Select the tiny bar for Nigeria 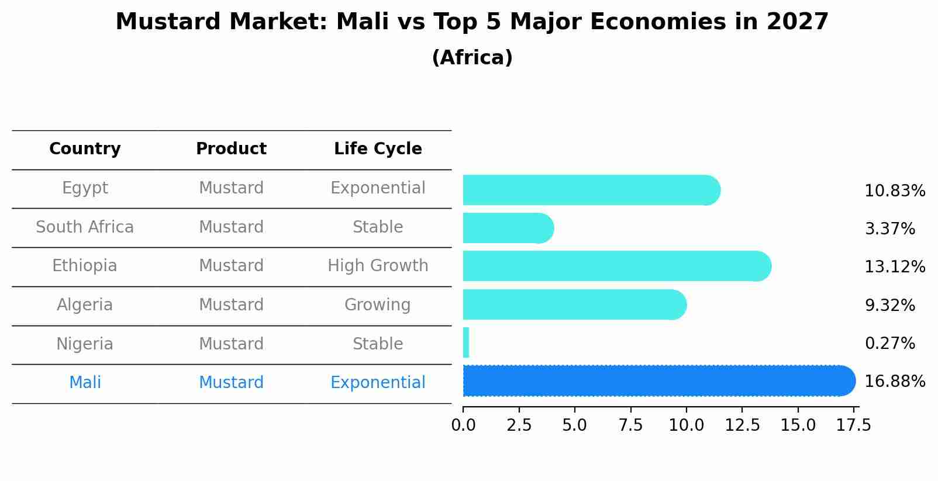(466, 342)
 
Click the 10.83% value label (894, 191)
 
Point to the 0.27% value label (889, 343)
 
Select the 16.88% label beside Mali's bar (894, 382)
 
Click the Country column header (85, 149)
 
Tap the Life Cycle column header (378, 149)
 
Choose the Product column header (231, 149)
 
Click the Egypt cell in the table (85, 188)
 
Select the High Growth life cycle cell (378, 266)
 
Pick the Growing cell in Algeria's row (377, 305)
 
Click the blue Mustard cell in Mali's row (231, 383)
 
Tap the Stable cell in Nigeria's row (378, 344)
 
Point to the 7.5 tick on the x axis (630, 425)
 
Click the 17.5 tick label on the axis (854, 425)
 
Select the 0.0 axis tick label (463, 425)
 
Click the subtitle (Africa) (472, 58)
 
